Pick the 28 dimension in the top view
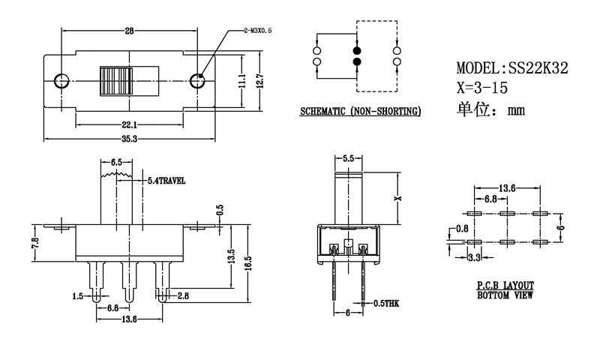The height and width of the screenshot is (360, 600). coord(129,31)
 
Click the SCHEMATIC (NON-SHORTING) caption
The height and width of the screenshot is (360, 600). coord(360,112)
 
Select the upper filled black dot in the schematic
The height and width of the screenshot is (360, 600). coord(356,48)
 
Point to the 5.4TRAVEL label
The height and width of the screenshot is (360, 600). coord(166,181)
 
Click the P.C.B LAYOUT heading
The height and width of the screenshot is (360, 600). coord(505,286)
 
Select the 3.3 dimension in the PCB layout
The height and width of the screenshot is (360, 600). coord(473,258)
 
